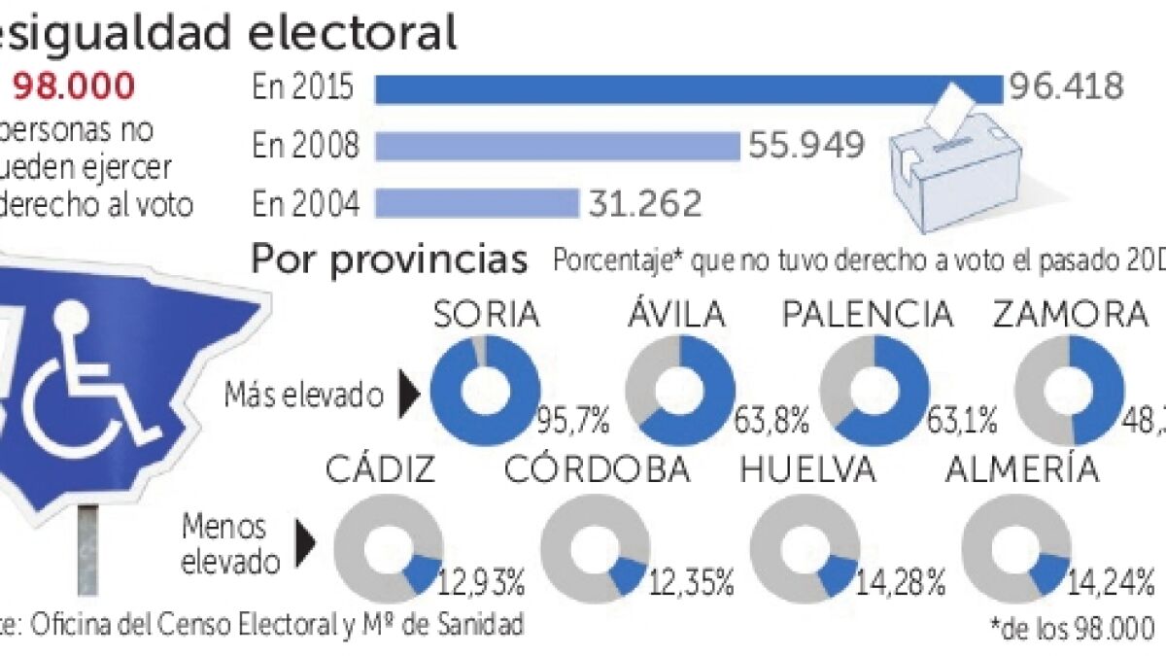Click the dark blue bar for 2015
point(688,88)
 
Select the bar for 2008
point(558,146)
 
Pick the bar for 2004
point(477,203)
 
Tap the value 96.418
point(1065,87)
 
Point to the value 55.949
point(806,146)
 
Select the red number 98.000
point(74,87)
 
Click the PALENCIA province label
point(869,315)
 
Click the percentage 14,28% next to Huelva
point(900,584)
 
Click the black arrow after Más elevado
point(409,394)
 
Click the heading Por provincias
point(390,260)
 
